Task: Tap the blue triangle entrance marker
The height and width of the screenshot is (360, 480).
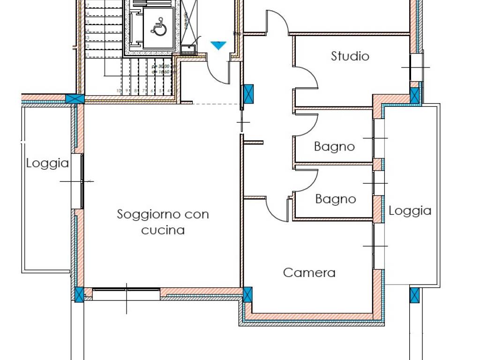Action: [x=218, y=45]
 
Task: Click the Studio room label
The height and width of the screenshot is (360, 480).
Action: [x=350, y=56]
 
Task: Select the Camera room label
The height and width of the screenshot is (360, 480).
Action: [x=309, y=272]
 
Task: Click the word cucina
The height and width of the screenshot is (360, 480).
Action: [x=163, y=230]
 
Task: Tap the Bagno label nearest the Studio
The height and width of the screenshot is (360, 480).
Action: [x=334, y=147]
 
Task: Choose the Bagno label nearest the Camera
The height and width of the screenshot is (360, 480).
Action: [x=336, y=199]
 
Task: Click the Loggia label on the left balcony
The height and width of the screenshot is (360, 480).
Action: [x=47, y=164]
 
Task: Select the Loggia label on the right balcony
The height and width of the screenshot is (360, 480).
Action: [x=410, y=211]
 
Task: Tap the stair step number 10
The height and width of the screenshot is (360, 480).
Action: [x=119, y=90]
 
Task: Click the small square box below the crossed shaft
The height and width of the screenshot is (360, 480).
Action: [x=188, y=49]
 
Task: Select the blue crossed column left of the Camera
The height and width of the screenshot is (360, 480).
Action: [x=247, y=294]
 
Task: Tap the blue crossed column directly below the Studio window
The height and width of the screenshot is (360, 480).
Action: [x=415, y=95]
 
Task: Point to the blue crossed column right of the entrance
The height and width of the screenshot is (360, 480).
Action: [x=248, y=93]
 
